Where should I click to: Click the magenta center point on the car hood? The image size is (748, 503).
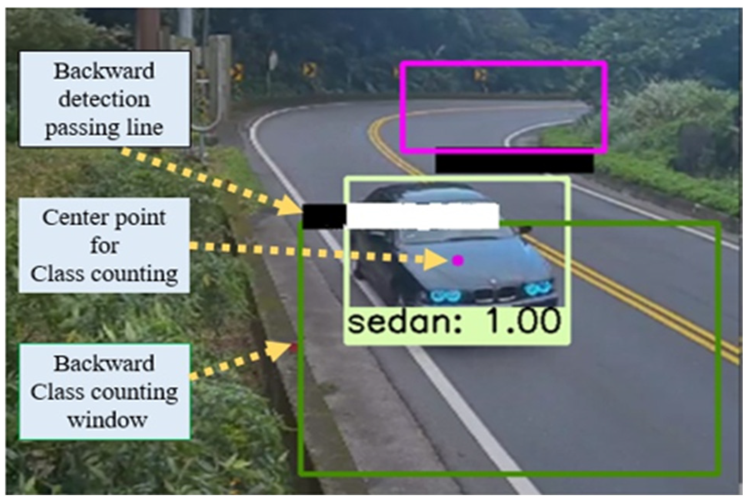pos(458,261)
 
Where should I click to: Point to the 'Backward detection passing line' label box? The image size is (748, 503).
pos(105,99)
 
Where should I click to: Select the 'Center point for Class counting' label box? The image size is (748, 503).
pos(104,245)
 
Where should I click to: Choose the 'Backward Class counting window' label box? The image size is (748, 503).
pos(105,391)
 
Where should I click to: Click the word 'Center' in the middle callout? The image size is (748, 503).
pos(72,218)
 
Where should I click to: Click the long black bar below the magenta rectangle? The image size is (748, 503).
pos(515,163)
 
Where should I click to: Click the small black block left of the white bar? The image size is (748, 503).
pos(324,216)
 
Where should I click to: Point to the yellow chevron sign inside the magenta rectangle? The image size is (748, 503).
pos(480,74)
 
